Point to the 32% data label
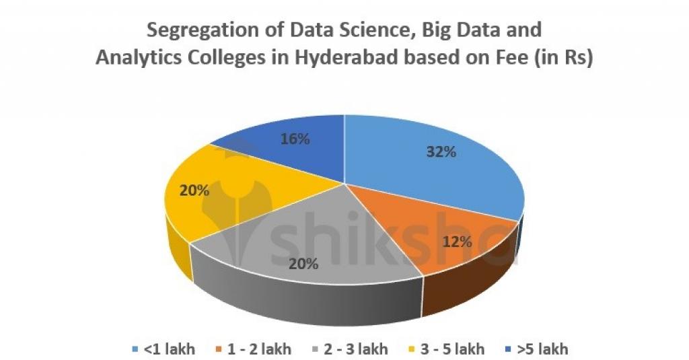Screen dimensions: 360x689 coord(441,152)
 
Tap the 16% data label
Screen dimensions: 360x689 coord(295,139)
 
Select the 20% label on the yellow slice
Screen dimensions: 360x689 coord(194,190)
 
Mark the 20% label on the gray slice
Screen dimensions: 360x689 coord(303,264)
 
